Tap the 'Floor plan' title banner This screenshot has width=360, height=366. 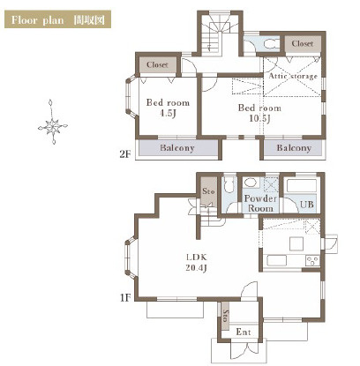click(x=57, y=19)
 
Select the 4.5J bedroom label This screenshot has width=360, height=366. click(x=168, y=108)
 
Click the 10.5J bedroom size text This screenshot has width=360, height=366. click(x=259, y=118)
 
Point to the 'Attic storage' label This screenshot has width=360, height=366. click(x=293, y=76)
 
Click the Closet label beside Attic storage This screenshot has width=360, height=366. click(x=303, y=43)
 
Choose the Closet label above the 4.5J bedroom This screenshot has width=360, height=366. click(x=157, y=64)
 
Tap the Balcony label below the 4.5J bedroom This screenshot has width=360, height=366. click(x=177, y=147)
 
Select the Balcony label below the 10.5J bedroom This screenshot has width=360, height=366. click(x=294, y=147)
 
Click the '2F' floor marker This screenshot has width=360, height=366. click(x=125, y=154)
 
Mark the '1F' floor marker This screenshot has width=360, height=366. click(x=125, y=298)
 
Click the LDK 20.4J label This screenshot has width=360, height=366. click(x=197, y=263)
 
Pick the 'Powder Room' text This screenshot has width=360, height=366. click(x=260, y=204)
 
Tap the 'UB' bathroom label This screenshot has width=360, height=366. click(x=306, y=204)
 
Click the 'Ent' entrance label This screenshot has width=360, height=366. click(x=244, y=332)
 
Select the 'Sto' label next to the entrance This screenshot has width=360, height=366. click(x=226, y=316)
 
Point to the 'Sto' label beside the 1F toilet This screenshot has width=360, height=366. click(x=208, y=191)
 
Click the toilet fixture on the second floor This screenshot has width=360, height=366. click(x=271, y=44)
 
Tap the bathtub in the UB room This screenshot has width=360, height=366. click(x=302, y=185)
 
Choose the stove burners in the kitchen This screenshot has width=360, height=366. click(x=312, y=261)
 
